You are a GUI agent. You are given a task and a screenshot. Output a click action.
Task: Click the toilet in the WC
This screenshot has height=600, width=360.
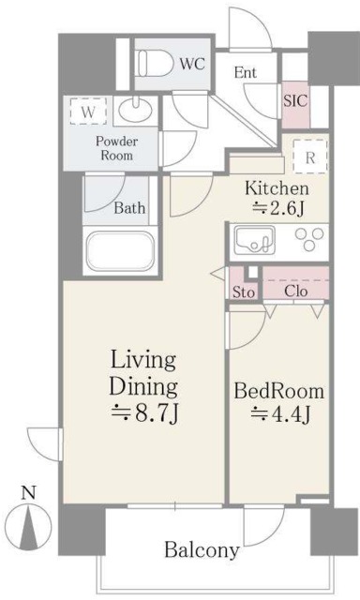pos(156,64)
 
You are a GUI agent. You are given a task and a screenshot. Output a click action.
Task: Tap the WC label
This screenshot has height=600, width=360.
pos(192,64)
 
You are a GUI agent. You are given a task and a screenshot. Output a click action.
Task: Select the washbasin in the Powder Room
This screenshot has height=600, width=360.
pos(135,110)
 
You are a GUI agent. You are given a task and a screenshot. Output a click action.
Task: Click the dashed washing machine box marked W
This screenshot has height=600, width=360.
pos(88,111)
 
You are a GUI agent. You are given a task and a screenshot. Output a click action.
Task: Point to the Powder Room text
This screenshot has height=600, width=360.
pos(116,148)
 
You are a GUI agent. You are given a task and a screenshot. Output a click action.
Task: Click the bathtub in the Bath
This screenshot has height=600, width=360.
pos(120,250)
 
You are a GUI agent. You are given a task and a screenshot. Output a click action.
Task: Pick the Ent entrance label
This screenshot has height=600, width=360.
pos(246,72)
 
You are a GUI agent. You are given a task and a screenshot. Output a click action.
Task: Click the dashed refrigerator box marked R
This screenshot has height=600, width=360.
pos(310,157)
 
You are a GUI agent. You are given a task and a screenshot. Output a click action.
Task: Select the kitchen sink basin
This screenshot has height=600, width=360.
pos(254,240)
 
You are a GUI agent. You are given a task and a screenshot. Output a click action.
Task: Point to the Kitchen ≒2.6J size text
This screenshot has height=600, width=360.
pos(277,199)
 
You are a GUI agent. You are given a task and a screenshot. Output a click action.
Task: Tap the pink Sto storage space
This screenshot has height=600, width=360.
pos(243,283)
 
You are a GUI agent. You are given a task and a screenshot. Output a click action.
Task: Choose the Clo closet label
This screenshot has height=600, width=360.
pos(295,292)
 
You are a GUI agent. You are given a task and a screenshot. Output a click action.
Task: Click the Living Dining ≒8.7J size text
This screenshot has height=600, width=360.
pos(143,387)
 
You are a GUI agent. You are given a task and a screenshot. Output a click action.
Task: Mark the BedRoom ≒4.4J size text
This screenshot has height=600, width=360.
pos(279,402)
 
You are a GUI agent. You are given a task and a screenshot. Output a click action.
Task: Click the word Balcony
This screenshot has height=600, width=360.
pos(202,550)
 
